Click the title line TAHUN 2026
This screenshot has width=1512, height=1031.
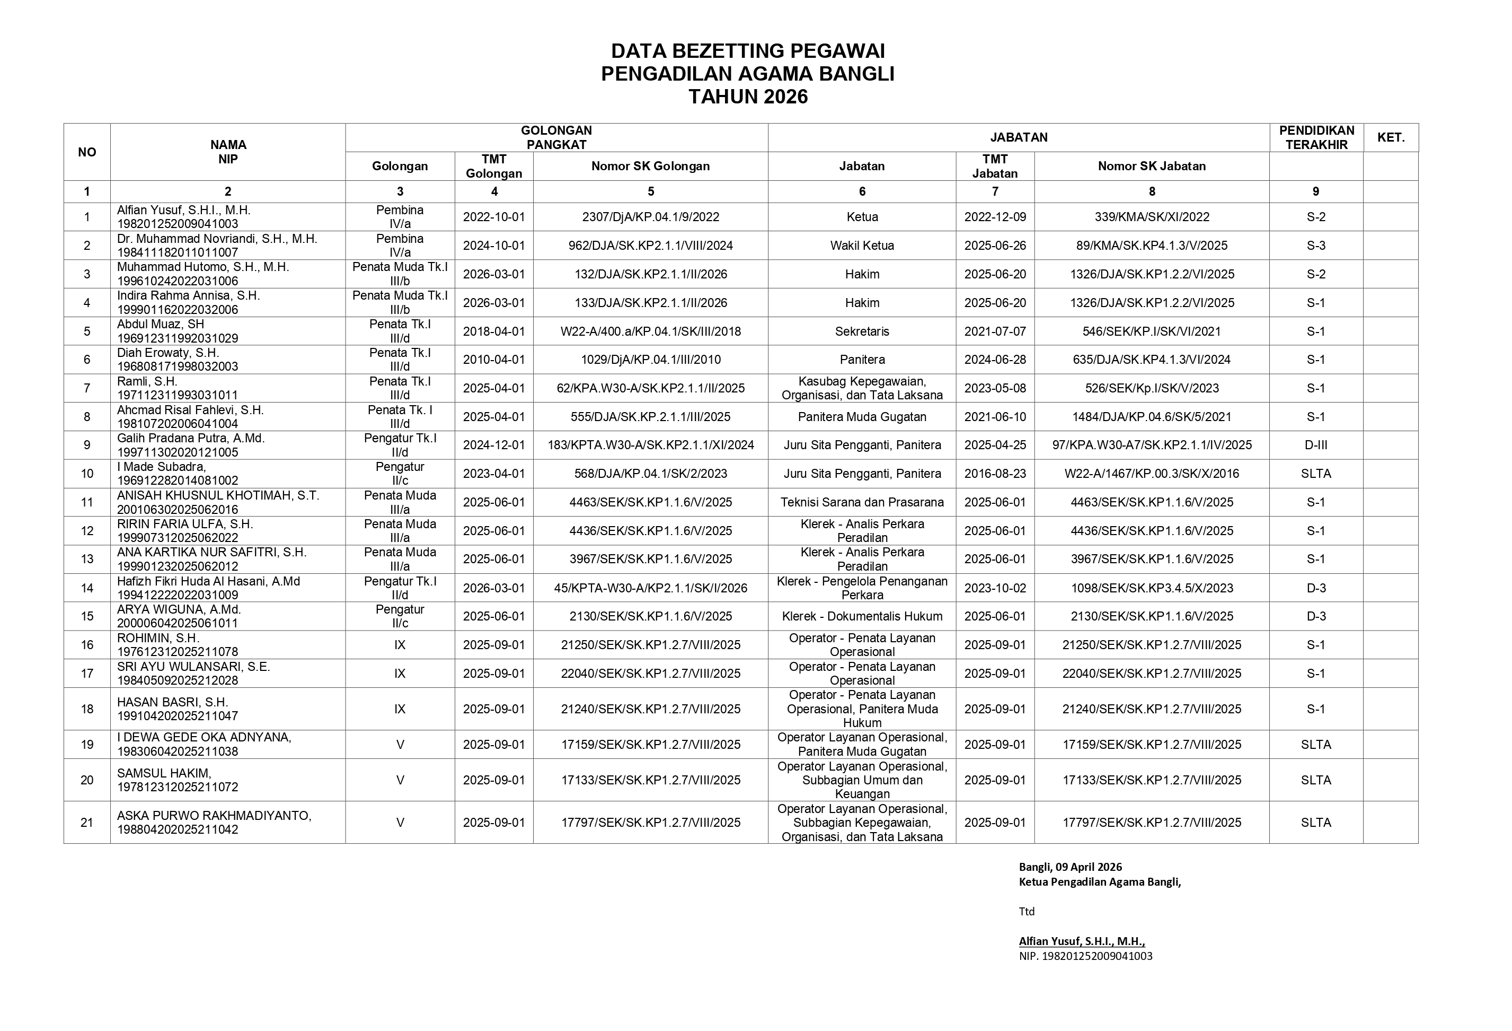pyautogui.click(x=748, y=97)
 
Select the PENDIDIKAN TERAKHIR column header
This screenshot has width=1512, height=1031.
pyautogui.click(x=1315, y=137)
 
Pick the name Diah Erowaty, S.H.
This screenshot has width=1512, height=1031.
pyautogui.click(x=168, y=353)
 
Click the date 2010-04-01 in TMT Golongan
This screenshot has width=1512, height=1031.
pyautogui.click(x=494, y=359)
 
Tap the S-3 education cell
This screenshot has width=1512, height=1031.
pyautogui.click(x=1315, y=246)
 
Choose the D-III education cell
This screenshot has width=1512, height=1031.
pyautogui.click(x=1315, y=445)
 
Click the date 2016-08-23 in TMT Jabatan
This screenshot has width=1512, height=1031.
pyautogui.click(x=995, y=473)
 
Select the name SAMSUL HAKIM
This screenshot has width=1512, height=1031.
pyautogui.click(x=164, y=773)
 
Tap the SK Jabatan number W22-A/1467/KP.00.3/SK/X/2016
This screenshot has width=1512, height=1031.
pyautogui.click(x=1152, y=473)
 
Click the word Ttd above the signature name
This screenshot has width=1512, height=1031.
pyautogui.click(x=1026, y=911)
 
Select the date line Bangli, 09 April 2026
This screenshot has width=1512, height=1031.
pyautogui.click(x=1069, y=867)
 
